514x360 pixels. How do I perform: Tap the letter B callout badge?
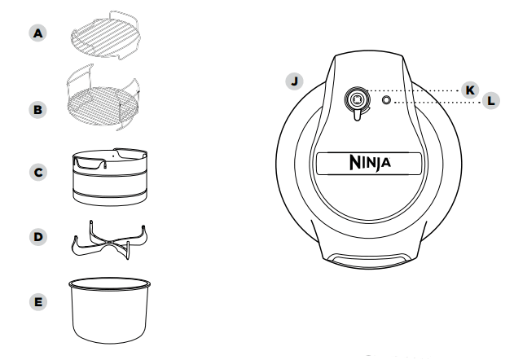point(36,107)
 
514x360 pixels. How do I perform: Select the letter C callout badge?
point(36,173)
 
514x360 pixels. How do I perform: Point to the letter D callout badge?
point(36,237)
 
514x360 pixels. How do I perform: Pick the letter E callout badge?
point(36,301)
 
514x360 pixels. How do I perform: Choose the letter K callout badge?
point(469,90)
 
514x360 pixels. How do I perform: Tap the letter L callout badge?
point(490,103)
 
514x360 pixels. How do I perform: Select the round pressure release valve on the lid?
point(356,99)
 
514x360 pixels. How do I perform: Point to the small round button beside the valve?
point(387,101)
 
